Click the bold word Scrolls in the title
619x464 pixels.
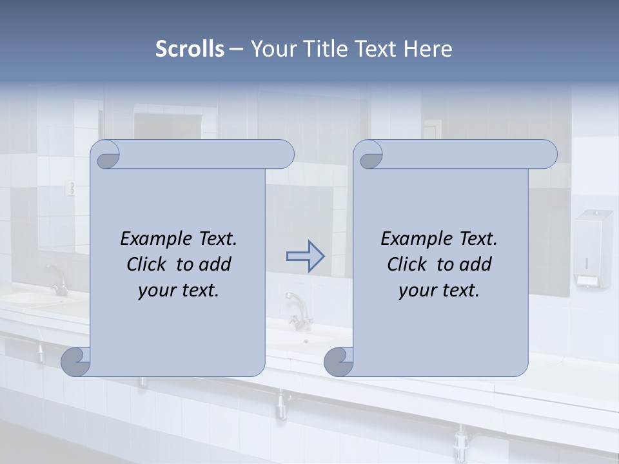point(190,49)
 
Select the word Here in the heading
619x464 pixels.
point(429,49)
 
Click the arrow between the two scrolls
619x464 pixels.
point(305,256)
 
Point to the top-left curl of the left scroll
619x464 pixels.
point(106,155)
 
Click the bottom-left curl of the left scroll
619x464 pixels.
point(76,362)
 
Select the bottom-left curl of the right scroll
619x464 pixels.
point(339,362)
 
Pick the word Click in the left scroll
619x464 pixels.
point(148,264)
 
